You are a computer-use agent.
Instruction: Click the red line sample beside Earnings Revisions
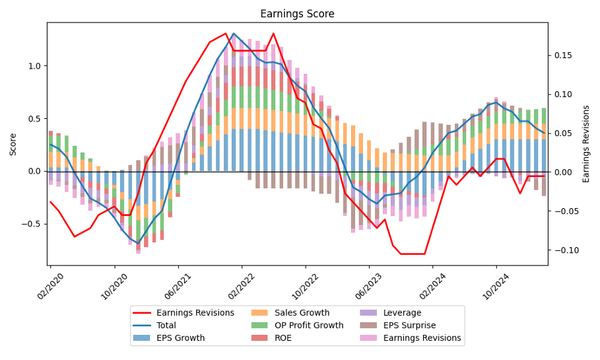point(142,313)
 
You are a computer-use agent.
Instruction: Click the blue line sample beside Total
point(142,326)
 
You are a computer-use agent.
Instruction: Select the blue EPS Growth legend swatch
point(142,338)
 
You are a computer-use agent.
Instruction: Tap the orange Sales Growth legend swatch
point(261,313)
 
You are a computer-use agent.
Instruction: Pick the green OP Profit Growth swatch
point(261,326)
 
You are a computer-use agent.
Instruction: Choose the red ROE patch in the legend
point(261,338)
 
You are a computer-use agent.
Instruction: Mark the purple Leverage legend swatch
point(368,313)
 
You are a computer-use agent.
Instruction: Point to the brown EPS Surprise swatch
point(368,326)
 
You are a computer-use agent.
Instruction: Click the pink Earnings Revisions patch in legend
point(368,338)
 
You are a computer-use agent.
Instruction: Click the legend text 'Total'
point(167,326)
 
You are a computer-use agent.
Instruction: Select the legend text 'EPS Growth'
point(180,338)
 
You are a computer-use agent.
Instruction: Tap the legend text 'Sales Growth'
point(302,313)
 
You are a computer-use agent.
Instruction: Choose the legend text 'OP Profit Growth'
point(309,326)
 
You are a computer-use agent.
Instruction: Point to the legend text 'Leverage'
point(402,313)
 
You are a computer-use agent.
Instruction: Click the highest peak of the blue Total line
point(234,33)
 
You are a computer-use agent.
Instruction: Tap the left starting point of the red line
point(50,201)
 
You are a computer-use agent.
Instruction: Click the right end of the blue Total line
point(544,133)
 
